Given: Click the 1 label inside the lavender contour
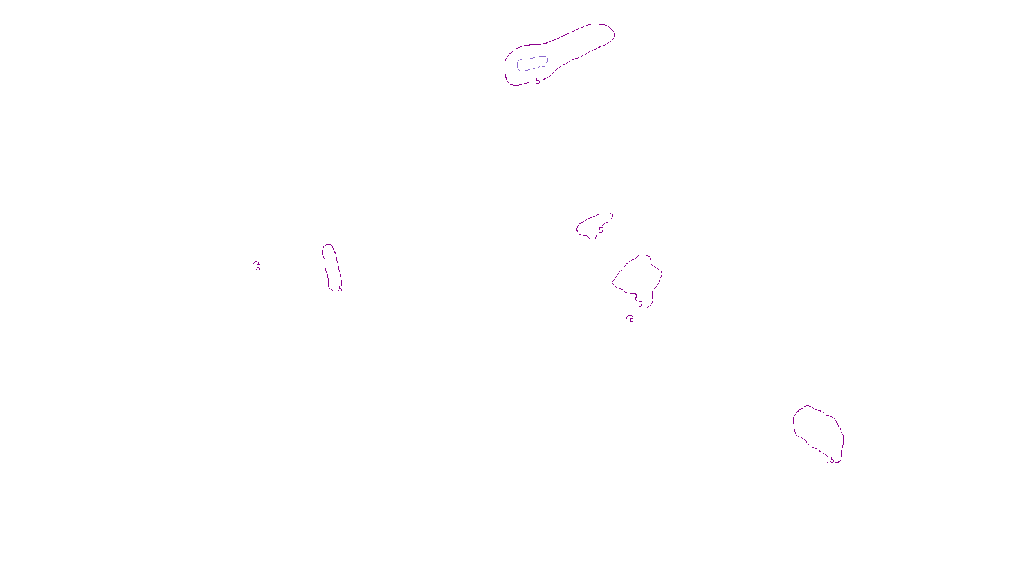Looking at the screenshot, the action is coord(543,64).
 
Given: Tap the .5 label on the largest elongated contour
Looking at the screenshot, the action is coord(537,81).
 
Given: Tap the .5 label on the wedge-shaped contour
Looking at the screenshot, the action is coord(601,230).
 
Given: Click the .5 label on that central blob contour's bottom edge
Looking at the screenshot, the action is coord(639,304).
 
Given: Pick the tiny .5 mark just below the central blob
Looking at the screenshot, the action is coord(631,320).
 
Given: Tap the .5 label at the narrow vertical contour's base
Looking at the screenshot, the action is coord(340,289).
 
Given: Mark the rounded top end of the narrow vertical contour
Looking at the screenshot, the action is coord(328,246).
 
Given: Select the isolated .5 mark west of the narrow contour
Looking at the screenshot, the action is coord(257,266).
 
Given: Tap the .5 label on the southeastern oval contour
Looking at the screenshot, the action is coord(832,460).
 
